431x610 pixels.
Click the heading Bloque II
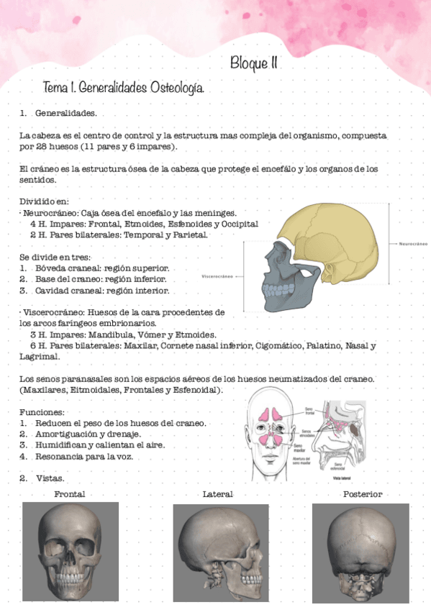coord(254,63)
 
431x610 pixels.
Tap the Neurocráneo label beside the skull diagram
coord(413,244)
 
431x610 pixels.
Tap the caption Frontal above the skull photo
coord(70,494)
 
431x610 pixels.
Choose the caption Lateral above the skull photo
coord(218,494)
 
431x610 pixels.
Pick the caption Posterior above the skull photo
coord(363,494)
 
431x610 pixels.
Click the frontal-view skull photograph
coord(69,550)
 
